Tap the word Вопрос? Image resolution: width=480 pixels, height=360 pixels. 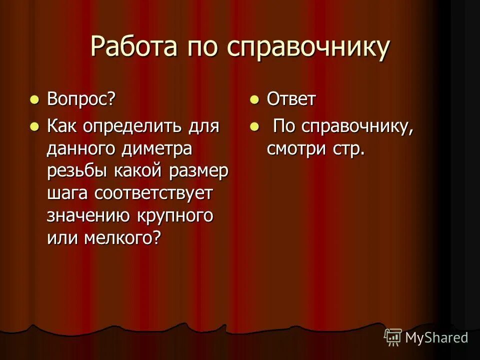81,99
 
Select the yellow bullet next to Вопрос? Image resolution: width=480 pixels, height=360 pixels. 34,99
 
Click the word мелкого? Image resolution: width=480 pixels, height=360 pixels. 122,238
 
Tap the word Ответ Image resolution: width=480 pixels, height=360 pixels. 291,99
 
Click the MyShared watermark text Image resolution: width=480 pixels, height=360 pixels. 436,337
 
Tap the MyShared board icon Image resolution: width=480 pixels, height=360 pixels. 393,337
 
